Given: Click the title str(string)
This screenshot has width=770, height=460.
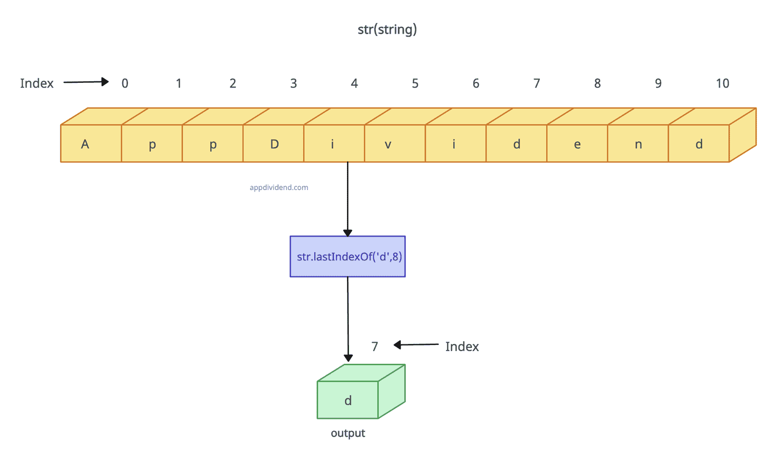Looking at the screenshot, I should point(387,29).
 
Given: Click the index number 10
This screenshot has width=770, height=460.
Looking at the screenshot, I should point(722,83).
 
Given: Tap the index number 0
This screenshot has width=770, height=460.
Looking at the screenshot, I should point(125,83).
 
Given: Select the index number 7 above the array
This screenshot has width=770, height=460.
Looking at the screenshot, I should point(537,83).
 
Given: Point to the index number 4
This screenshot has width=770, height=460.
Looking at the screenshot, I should point(354,83).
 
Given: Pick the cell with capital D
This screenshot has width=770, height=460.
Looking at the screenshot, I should point(273,144).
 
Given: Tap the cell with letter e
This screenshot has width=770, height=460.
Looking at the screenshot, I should point(577,144).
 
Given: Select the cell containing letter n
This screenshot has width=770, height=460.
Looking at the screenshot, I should point(638,144).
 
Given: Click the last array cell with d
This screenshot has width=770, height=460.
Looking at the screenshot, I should point(699,144).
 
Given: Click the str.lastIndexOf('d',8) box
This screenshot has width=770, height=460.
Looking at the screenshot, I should point(347,256).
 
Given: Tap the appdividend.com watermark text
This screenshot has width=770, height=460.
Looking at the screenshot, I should point(279,188).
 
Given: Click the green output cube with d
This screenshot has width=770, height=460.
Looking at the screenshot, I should point(348,399).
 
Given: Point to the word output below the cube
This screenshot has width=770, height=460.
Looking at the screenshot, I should point(348,433).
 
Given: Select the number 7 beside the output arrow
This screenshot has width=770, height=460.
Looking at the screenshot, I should point(375,346).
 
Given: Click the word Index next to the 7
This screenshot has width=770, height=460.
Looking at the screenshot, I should point(462,346).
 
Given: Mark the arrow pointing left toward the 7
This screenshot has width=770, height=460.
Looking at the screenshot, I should point(416,345).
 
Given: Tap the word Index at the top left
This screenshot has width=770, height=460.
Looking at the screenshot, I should point(37,83).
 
